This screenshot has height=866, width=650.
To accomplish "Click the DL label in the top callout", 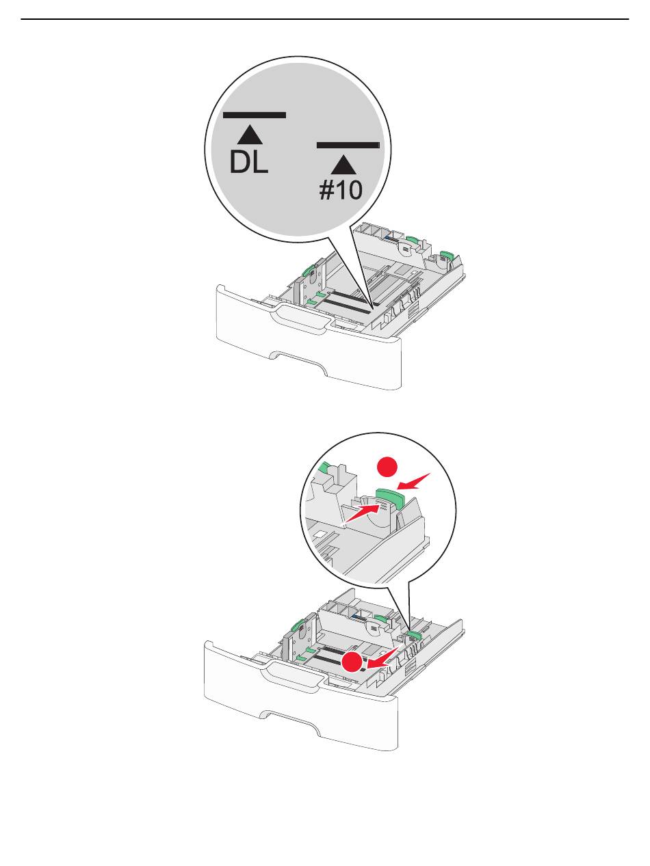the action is pyautogui.click(x=249, y=163).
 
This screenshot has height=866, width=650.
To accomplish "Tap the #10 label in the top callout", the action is pyautogui.click(x=341, y=190).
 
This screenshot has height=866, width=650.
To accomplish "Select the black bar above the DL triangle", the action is pyautogui.click(x=255, y=116).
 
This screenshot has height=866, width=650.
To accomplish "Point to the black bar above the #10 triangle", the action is pyautogui.click(x=348, y=145).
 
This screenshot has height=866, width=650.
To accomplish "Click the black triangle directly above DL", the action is pyautogui.click(x=250, y=135).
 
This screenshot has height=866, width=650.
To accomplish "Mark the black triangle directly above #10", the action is pyautogui.click(x=344, y=165).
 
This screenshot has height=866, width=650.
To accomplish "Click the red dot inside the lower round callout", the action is pyautogui.click(x=387, y=467).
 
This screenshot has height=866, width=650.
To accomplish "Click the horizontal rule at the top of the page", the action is pyautogui.click(x=324, y=18).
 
